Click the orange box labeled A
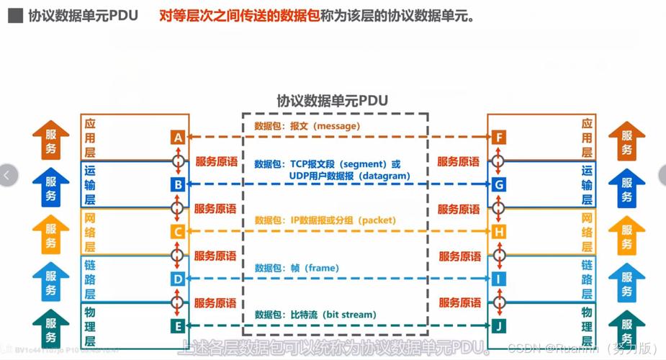[178, 138]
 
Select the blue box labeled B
[178, 185]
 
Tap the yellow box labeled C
[178, 232]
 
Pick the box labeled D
[178, 279]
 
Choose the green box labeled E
[178, 326]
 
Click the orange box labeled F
[499, 138]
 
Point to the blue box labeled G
[499, 185]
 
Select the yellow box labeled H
[499, 232]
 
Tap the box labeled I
[499, 279]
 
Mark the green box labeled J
[499, 326]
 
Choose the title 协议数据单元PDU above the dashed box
[332, 101]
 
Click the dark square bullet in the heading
[14, 16]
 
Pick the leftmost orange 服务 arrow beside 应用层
[51, 140]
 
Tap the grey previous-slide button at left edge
[7, 175]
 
